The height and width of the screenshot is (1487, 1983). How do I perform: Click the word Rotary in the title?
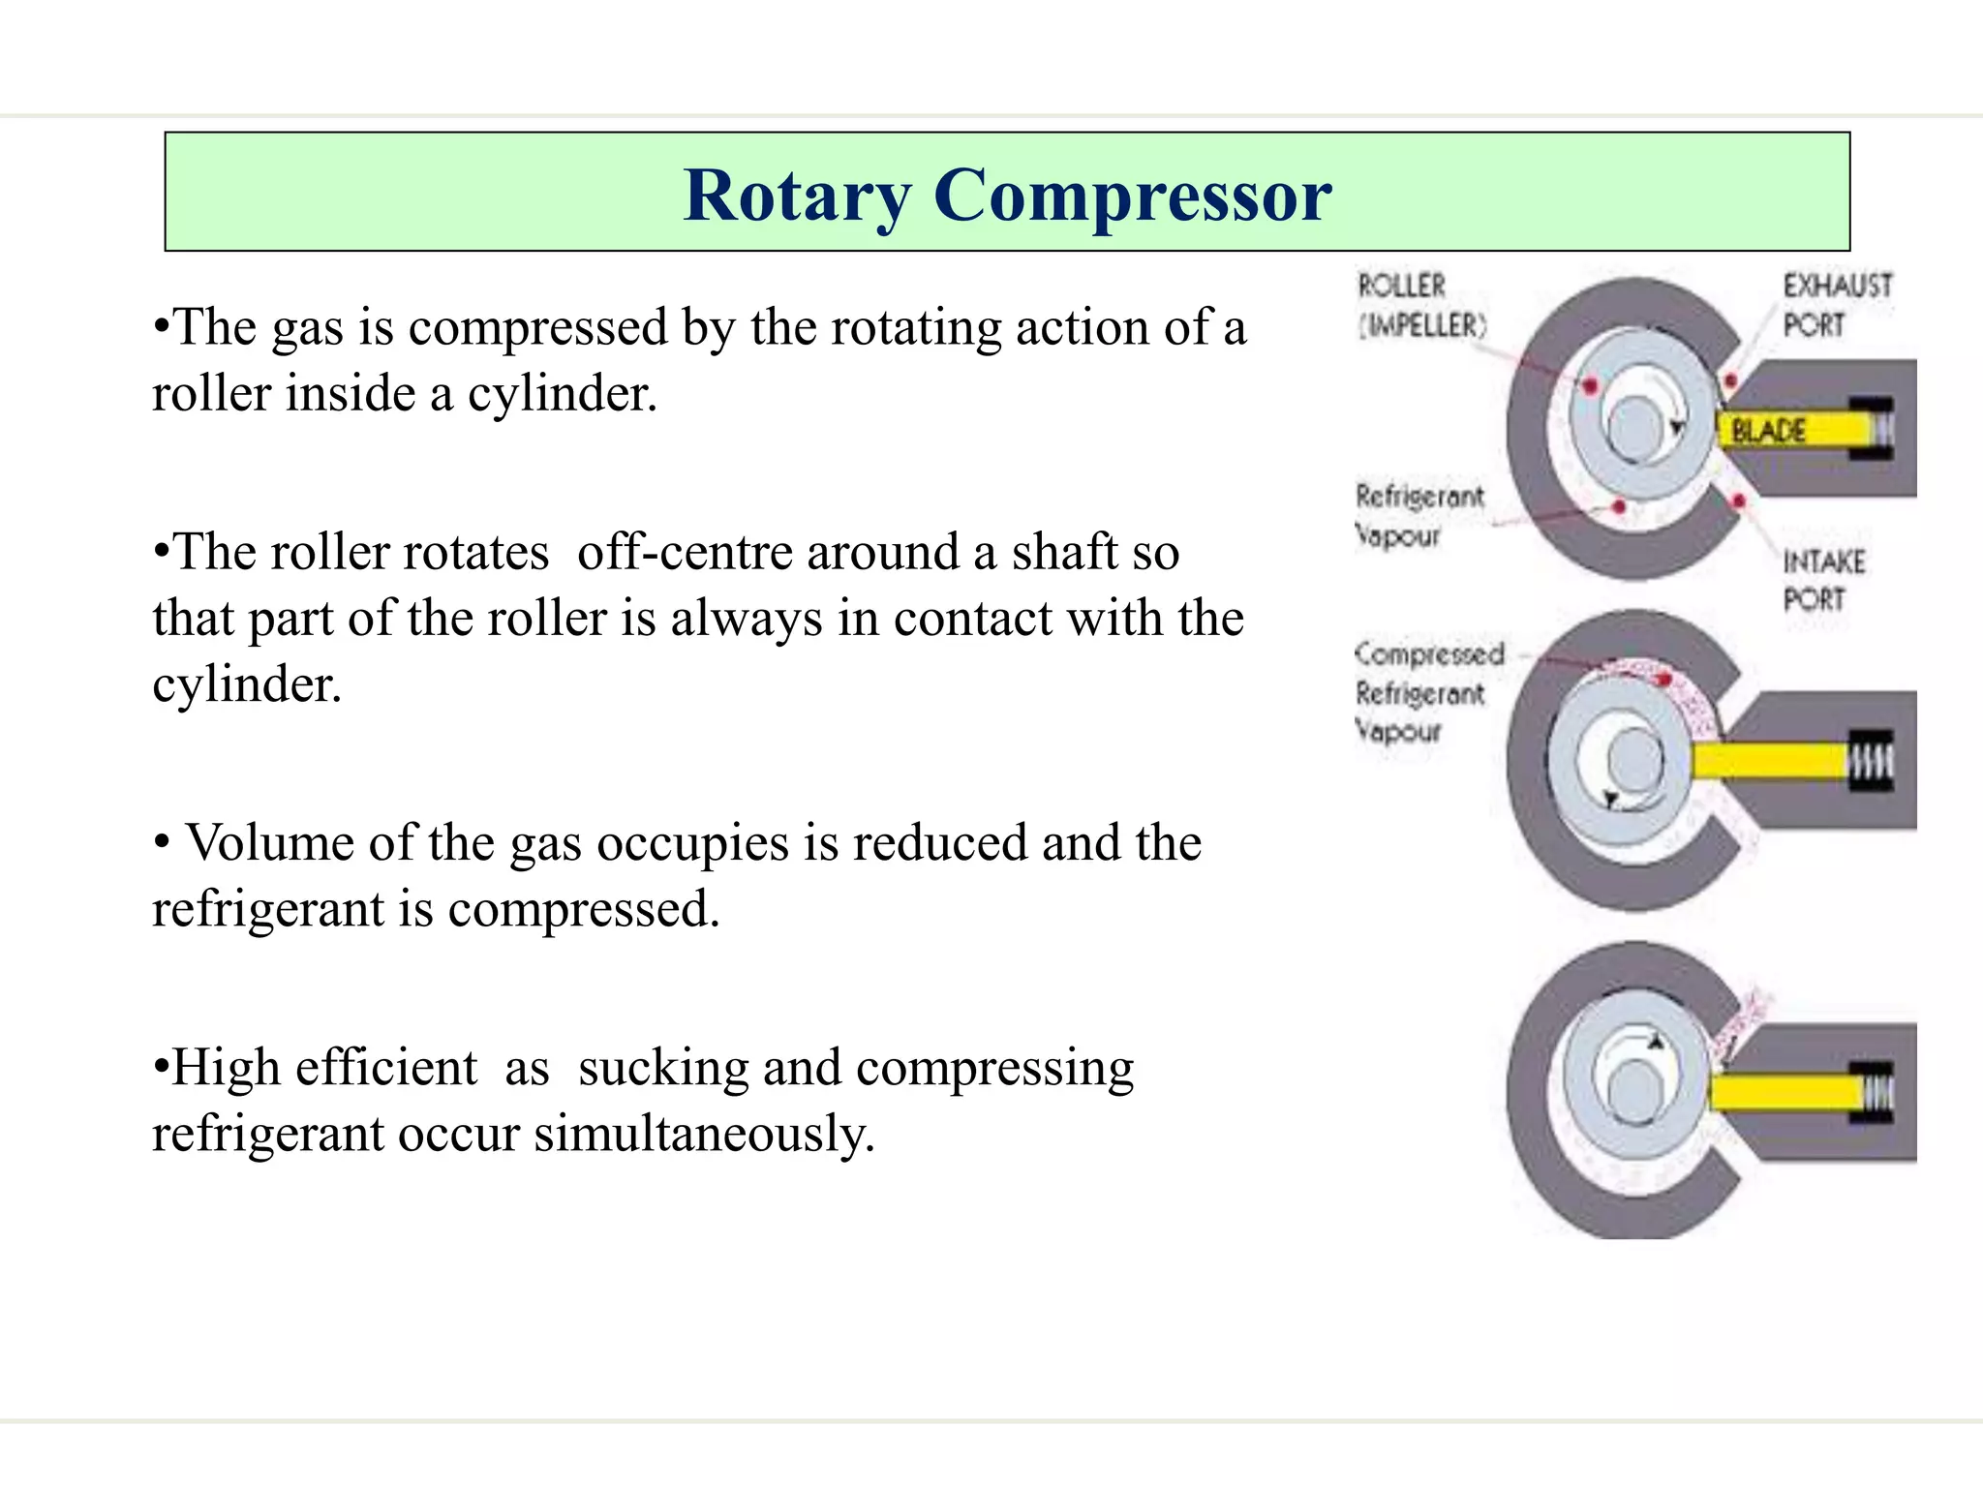pos(797,197)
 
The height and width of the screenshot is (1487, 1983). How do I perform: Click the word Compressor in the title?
pos(1132,197)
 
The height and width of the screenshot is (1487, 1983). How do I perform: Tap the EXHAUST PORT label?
pos(1837,305)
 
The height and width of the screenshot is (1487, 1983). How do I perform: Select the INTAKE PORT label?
pos(1823,580)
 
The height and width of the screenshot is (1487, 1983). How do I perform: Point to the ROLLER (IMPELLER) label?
pos(1419,306)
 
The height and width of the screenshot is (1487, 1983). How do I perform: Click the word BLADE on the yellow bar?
pos(1768,431)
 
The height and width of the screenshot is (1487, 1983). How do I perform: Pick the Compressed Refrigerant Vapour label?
pos(1427,692)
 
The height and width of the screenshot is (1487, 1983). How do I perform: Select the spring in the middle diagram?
pos(1872,761)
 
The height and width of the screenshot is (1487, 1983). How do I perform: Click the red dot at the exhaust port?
pos(1730,381)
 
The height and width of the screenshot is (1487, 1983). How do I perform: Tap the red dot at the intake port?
pos(1739,501)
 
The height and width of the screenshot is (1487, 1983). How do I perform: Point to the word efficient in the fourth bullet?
pos(385,1068)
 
